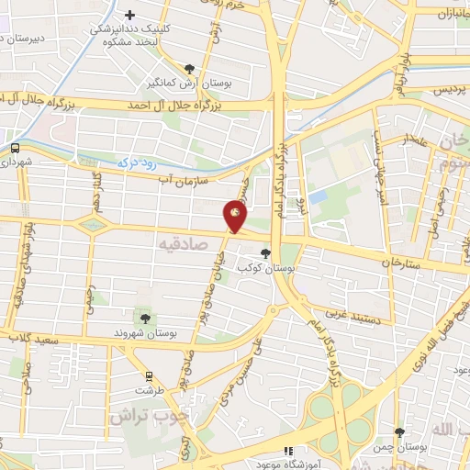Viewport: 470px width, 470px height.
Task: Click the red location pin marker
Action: pyautogui.click(x=236, y=218)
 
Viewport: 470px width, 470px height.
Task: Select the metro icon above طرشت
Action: pyautogui.click(x=149, y=376)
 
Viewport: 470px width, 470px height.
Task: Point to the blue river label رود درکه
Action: pyautogui.click(x=135, y=162)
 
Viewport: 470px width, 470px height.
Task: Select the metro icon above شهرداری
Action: pyautogui.click(x=16, y=148)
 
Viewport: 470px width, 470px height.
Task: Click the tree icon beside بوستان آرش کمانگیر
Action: pyautogui.click(x=190, y=69)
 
